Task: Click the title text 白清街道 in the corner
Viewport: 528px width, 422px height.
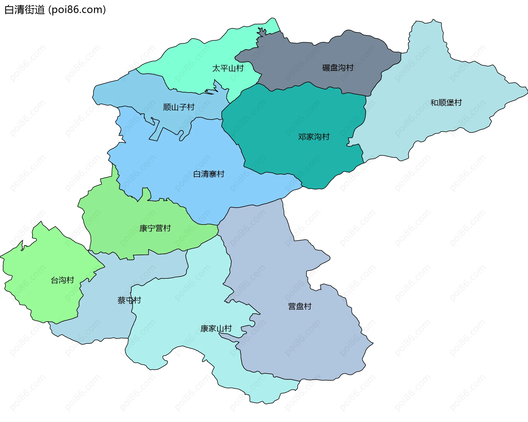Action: click(25, 10)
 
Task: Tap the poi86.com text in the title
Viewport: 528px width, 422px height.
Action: click(77, 10)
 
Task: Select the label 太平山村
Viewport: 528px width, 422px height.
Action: click(228, 68)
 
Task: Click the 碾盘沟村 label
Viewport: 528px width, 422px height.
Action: click(338, 68)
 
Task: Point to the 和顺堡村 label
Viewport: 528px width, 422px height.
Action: click(446, 103)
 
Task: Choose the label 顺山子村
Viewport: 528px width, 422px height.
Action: click(179, 107)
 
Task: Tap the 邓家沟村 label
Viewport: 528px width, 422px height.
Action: click(314, 137)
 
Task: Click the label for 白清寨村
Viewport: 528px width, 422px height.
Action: click(209, 174)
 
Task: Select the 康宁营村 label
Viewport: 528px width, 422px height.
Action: click(155, 228)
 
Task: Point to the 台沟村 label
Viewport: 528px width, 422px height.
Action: click(62, 280)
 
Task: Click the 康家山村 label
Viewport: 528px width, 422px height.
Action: click(216, 329)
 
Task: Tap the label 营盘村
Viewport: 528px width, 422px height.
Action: click(299, 306)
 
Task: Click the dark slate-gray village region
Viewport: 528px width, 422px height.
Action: click(316, 55)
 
